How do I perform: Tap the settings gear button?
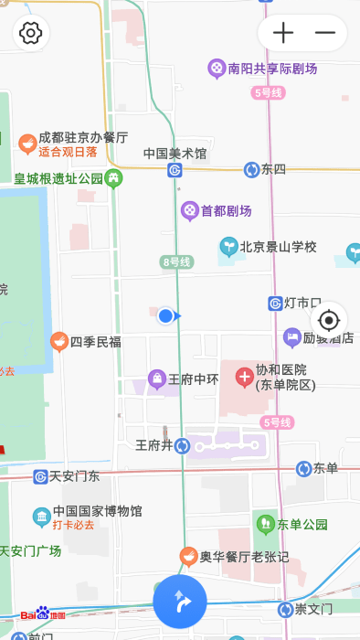coord(31,34)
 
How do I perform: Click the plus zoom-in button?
coord(284,34)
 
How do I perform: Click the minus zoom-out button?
coord(325,34)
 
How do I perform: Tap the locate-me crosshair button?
coord(329,320)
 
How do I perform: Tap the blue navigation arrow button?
coord(180,602)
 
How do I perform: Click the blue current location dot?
coord(165,315)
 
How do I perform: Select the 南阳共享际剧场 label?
coord(272,68)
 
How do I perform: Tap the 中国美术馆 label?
coord(175,154)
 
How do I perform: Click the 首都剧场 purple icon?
coord(189,210)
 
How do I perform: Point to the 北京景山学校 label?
coord(278,246)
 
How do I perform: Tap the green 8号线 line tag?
coord(177,262)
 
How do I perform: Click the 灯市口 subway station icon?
coord(275,303)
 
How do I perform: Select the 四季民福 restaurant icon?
coord(59,341)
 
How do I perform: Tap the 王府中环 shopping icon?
coord(157,379)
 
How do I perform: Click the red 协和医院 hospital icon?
coord(244,376)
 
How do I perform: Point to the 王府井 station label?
coord(154,445)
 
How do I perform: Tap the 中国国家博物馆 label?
coord(98,511)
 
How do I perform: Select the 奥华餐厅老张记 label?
coord(244,556)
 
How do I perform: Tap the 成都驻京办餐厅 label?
coord(83,137)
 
